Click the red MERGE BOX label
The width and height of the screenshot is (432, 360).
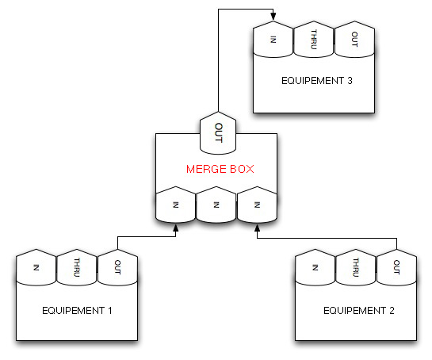tap(220, 169)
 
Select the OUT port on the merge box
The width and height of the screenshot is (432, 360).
tap(218, 133)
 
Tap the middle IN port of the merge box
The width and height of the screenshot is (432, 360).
tap(216, 205)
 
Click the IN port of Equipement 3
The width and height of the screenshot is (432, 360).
tap(273, 39)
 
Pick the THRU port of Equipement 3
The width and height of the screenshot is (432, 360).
tap(314, 39)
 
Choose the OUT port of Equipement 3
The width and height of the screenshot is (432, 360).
tap(354, 39)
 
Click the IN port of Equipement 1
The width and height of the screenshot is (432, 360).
tap(36, 267)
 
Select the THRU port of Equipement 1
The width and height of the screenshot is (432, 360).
tap(77, 267)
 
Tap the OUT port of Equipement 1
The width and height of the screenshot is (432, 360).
tap(117, 267)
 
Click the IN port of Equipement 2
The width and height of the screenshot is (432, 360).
tap(315, 267)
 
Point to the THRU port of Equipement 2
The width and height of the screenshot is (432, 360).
tap(356, 267)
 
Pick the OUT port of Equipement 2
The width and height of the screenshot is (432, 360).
tap(396, 267)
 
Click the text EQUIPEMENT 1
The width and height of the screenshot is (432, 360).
tap(77, 311)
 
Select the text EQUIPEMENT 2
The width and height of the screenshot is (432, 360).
tap(359, 311)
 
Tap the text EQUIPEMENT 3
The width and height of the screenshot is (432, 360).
tap(317, 81)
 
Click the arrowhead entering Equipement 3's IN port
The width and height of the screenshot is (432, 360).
tap(273, 17)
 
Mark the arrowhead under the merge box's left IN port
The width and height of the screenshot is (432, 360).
tap(176, 228)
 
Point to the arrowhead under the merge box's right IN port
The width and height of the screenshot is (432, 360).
tap(257, 228)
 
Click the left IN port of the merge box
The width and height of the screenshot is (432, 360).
tap(176, 205)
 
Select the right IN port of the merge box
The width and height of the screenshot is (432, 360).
tap(257, 205)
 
